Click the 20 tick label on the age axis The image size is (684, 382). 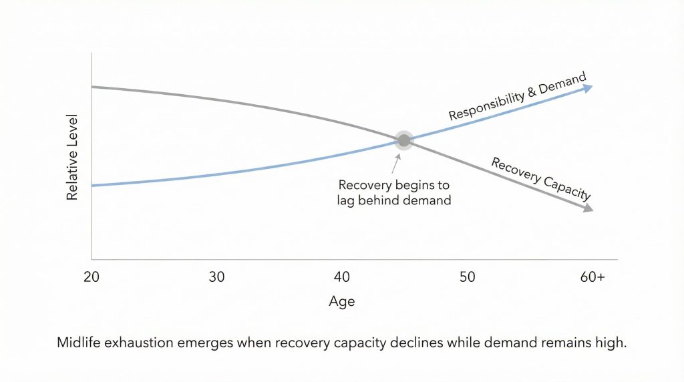92,277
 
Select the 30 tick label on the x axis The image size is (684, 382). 216,277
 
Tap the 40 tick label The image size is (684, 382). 342,277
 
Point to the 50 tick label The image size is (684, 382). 468,277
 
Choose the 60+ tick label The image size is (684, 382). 592,277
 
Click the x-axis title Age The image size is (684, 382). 342,302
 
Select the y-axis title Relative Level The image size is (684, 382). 73,158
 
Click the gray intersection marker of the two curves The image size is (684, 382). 403,140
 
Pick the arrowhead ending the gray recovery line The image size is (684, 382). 588,209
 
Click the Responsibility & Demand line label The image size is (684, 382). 517,97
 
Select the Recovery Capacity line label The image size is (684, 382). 541,178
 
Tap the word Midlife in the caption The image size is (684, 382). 78,343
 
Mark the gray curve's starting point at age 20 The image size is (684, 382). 93,87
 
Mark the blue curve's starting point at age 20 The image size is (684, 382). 93,185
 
